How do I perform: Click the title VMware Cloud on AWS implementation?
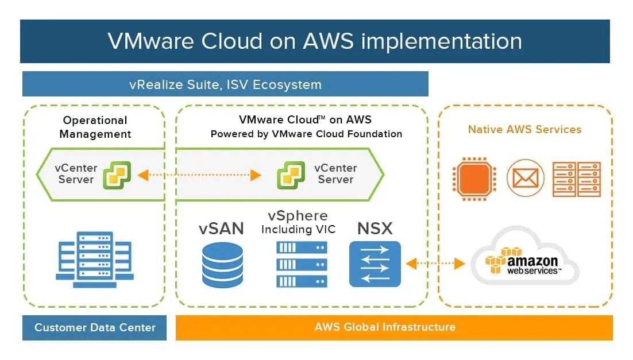tap(315, 41)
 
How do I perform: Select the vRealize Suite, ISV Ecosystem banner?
tap(225, 84)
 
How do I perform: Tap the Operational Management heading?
tap(95, 127)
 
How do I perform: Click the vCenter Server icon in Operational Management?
tap(117, 175)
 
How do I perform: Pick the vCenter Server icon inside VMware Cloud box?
tap(291, 175)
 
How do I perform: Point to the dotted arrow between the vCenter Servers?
tap(199, 175)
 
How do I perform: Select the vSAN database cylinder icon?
tap(222, 265)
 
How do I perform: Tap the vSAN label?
tap(222, 229)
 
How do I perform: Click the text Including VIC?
tap(298, 230)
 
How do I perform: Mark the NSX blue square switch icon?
tap(375, 264)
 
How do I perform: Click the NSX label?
tap(375, 229)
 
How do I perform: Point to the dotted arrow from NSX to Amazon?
tap(435, 264)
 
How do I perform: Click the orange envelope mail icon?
tap(525, 179)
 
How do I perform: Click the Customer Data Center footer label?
tap(95, 328)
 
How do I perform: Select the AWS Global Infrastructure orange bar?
tap(393, 327)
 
